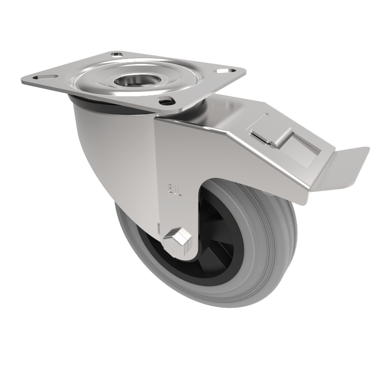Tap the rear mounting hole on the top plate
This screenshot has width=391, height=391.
[x=117, y=54]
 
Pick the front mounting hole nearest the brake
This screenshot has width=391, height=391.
[x=167, y=101]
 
